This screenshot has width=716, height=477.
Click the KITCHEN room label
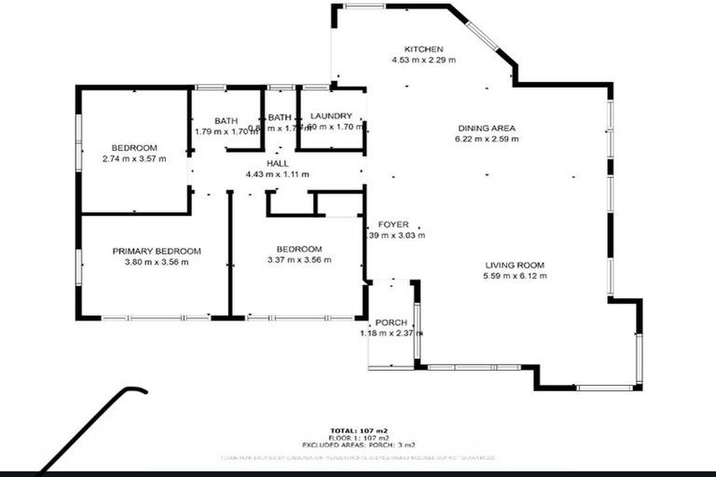click(423, 48)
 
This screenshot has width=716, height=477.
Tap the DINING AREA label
click(487, 128)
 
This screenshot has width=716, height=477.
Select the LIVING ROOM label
click(515, 265)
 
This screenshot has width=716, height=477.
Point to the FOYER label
click(393, 225)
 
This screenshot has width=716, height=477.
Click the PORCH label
click(391, 322)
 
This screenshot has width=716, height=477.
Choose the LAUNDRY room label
click(330, 116)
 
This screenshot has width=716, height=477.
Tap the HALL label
click(277, 163)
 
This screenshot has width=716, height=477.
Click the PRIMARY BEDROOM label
click(157, 251)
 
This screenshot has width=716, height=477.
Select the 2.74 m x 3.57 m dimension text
click(134, 158)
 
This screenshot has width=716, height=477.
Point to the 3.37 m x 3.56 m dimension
click(299, 260)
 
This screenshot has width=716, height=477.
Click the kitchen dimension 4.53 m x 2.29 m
click(423, 60)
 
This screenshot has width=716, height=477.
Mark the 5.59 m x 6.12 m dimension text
click(515, 276)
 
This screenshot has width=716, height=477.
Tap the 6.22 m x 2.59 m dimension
click(487, 139)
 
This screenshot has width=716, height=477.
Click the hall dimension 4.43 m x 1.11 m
click(277, 174)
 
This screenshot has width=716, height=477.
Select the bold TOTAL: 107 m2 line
click(358, 430)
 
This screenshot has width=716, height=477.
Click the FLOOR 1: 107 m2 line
click(358, 438)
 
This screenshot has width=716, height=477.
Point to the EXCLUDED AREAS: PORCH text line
click(358, 445)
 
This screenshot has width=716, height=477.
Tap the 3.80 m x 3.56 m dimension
click(157, 262)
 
